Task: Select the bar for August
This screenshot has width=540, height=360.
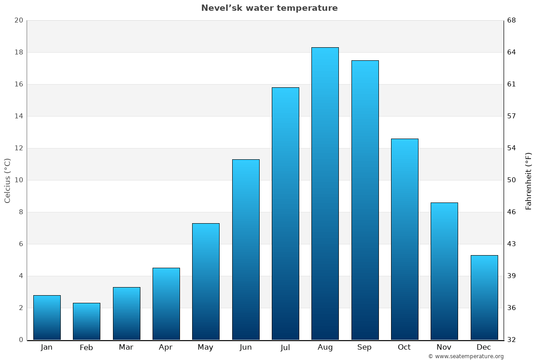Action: coord(325,193)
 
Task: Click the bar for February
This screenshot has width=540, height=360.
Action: coord(86,321)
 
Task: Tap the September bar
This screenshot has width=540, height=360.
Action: coord(365,200)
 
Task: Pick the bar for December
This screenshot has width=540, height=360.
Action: coord(484,297)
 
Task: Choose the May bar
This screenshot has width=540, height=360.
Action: coord(206,281)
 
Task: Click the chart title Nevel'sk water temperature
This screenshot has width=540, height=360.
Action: coord(269,8)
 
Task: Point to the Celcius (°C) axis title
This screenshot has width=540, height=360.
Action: coord(7,180)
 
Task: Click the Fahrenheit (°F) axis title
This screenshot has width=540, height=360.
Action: coord(528,180)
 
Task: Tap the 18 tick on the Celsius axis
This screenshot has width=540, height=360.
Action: coord(18,52)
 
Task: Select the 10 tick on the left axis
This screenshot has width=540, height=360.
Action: coord(18,180)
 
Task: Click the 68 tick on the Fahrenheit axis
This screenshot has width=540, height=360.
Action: coord(512,20)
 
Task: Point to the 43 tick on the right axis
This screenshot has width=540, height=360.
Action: coord(512,244)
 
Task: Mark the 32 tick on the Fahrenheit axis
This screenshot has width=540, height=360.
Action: coord(512,340)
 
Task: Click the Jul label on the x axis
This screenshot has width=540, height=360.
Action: coord(285,347)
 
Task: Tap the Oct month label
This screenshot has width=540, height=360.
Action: coord(404,347)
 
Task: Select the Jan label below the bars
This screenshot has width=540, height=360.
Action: coord(47,347)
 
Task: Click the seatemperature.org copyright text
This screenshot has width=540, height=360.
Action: coord(466,356)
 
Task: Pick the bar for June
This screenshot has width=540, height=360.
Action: coord(246,250)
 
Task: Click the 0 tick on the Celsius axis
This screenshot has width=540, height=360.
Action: coord(21,340)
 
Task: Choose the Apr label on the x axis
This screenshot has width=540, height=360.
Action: coord(166,347)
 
